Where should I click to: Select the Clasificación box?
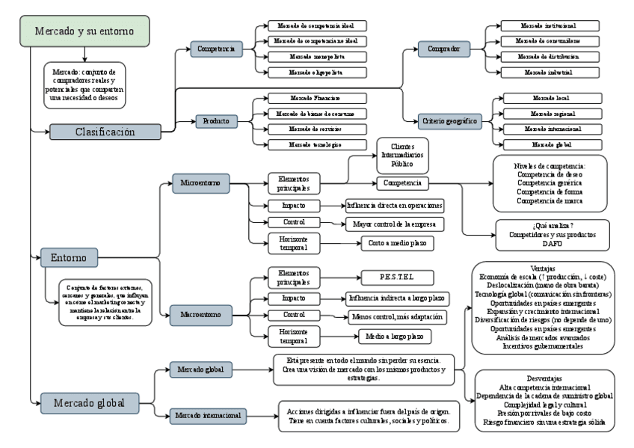[105, 132]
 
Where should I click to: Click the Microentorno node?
[200, 182]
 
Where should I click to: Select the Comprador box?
[444, 49]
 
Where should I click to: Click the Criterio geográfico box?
[450, 121]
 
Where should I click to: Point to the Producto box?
[216, 121]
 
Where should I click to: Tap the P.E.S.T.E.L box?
[397, 276]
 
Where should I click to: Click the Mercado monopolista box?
[307, 57]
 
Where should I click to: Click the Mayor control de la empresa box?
[395, 224]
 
